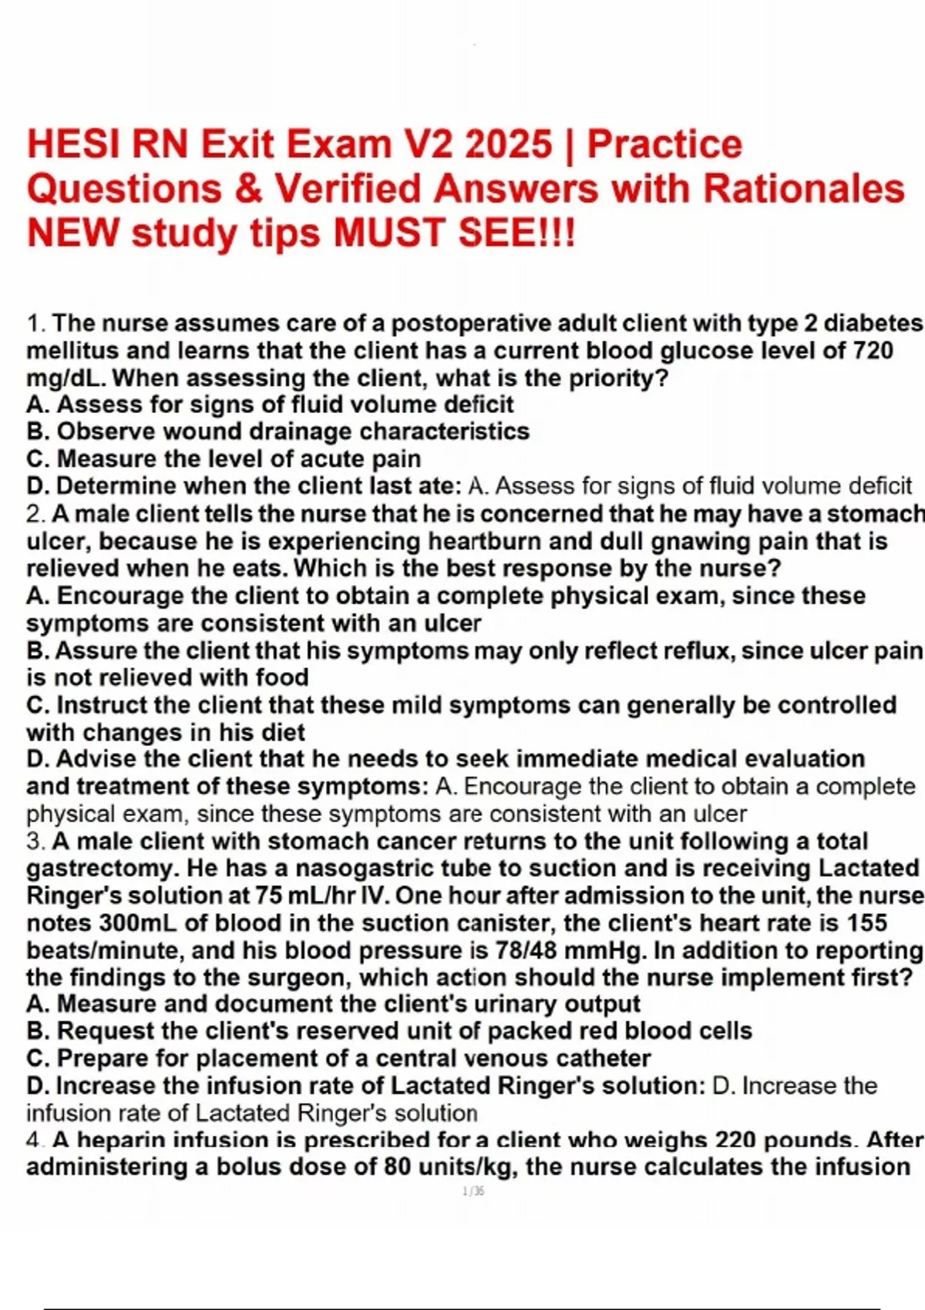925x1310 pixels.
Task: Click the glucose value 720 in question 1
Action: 873,351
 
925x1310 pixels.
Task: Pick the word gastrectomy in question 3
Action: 103,868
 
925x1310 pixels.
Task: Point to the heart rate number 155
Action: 867,922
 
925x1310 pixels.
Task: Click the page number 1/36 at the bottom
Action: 473,1191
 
